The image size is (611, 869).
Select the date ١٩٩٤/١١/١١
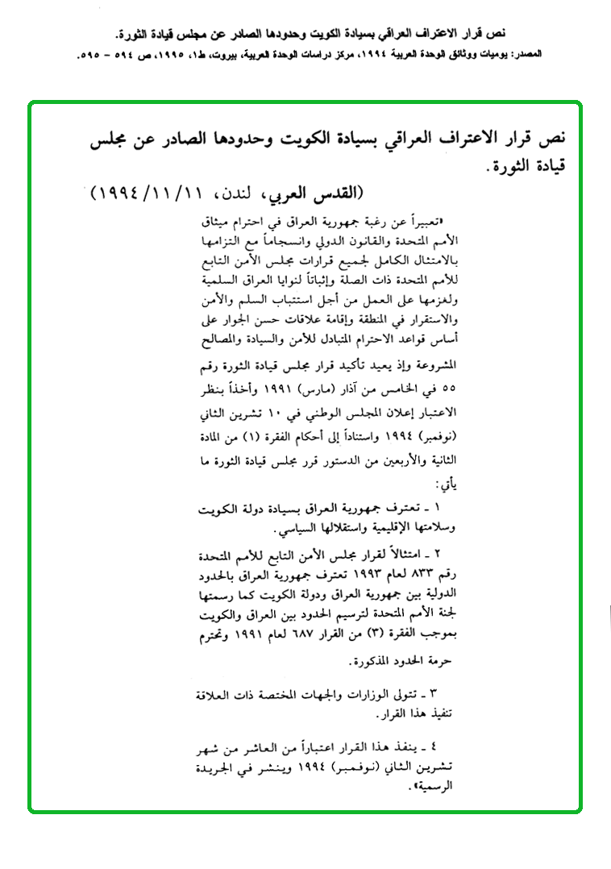[139, 194]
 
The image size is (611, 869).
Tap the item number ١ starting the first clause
[438, 510]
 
